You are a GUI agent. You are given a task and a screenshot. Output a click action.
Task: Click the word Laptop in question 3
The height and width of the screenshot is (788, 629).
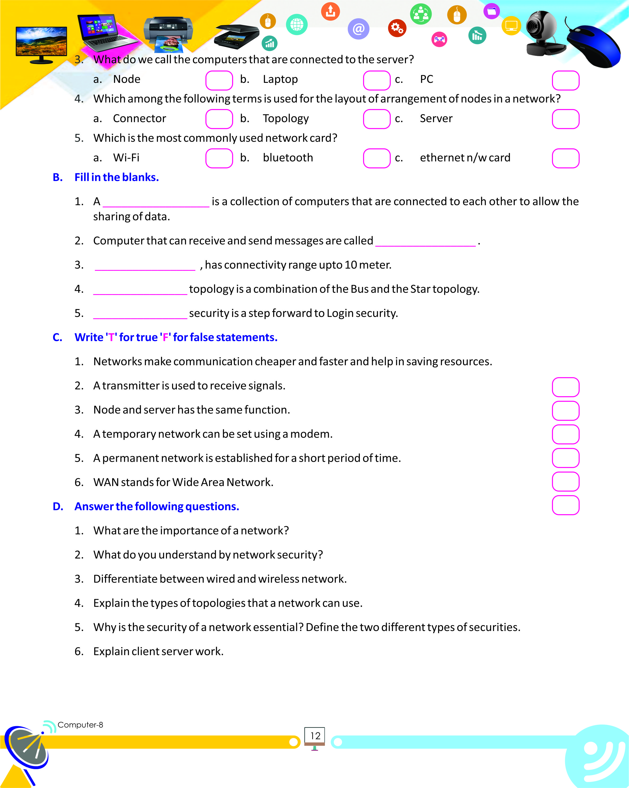(x=280, y=79)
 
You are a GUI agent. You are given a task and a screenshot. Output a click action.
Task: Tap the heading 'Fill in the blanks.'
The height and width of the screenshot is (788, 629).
(x=117, y=177)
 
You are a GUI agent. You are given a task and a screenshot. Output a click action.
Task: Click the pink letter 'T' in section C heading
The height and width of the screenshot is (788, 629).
(x=111, y=337)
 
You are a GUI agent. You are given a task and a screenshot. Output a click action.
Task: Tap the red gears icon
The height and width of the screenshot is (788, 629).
(x=397, y=28)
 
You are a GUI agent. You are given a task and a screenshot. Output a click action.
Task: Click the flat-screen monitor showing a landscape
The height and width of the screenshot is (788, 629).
(x=41, y=43)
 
